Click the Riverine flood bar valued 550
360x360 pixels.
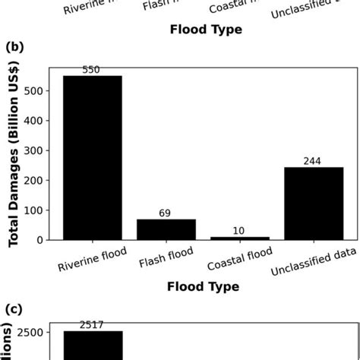click(92, 157)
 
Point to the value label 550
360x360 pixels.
click(92, 70)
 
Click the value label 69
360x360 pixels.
click(165, 213)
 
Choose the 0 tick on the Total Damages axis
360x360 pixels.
click(45, 239)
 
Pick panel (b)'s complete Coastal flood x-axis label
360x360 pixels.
click(238, 264)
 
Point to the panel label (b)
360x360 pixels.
click(14, 48)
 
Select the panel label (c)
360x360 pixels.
click(14, 309)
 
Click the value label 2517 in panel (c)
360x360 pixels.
click(92, 325)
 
